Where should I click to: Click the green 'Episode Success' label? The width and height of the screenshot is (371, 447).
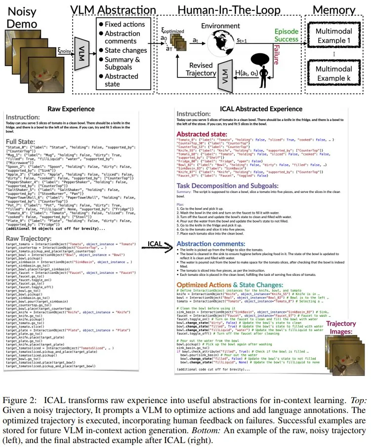pyautogui.click(x=287, y=35)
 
